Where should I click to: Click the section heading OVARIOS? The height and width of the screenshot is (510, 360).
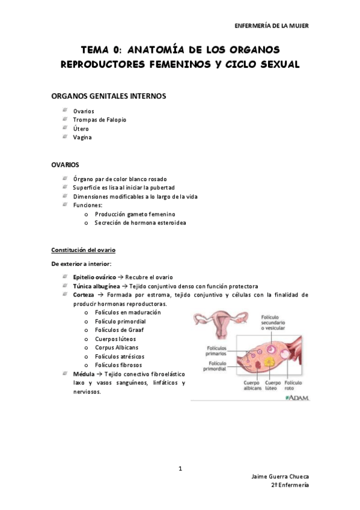pos(65,164)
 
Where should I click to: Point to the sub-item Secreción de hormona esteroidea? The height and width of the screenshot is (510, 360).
pos(140,223)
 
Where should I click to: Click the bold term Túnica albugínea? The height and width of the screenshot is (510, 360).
pos(96,286)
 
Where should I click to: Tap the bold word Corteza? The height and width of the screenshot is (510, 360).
pos(84,295)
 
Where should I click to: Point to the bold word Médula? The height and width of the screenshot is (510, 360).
pos(83,374)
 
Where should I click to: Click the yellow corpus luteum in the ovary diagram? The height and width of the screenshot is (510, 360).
pos(272,364)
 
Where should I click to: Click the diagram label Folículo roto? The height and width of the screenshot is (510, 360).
pos(294,386)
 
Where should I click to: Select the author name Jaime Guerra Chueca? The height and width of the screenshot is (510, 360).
pos(280,476)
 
